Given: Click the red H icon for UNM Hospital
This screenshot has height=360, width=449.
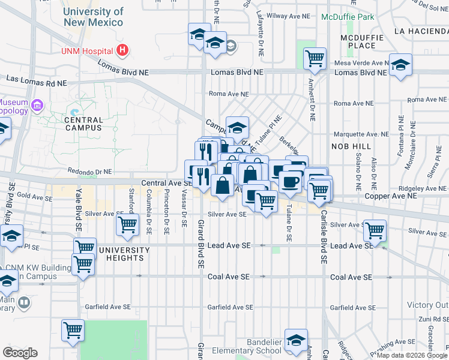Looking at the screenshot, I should point(122,50).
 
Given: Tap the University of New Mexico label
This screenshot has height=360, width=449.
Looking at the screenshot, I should point(93,17).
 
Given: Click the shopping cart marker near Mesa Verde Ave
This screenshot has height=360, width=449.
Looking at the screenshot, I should point(315,59).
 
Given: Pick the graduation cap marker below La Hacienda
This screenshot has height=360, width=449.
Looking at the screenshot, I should point(400,65).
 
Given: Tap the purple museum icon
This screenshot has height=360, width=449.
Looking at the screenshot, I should point(37,106).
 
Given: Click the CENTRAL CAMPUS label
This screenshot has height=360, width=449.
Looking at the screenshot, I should point(83,123).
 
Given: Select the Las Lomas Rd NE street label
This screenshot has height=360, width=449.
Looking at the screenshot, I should point(37,79).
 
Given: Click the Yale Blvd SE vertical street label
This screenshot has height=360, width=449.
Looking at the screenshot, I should point(79,210).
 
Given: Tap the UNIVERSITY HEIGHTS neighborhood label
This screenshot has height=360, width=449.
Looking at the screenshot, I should point(124,254).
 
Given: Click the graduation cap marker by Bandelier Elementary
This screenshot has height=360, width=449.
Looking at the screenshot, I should point(296,340).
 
